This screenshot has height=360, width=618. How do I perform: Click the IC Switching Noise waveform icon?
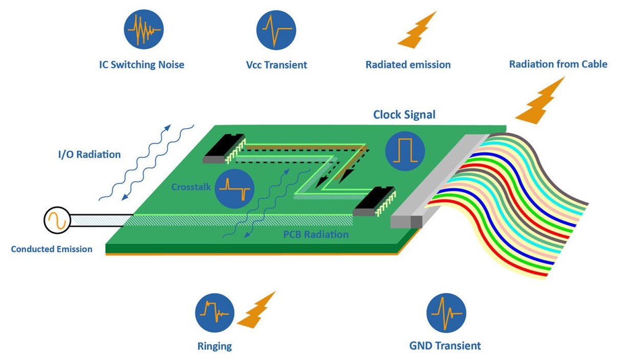pos(144,30)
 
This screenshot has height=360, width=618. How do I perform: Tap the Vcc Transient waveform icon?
pos(276,30)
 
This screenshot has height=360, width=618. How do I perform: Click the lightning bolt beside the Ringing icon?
pos(256,310)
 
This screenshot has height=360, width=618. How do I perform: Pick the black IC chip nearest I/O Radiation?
pos(224,149)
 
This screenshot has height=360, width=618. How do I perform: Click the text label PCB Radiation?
pos(316,234)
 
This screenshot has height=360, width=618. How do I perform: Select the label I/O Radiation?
pos(90,154)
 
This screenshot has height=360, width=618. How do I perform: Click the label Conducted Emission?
pos(52,249)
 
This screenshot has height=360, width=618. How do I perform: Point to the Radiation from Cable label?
pos(558,64)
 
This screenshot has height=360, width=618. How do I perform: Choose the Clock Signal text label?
pos(404,115)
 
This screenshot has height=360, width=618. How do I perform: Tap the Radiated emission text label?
pos(408,65)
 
